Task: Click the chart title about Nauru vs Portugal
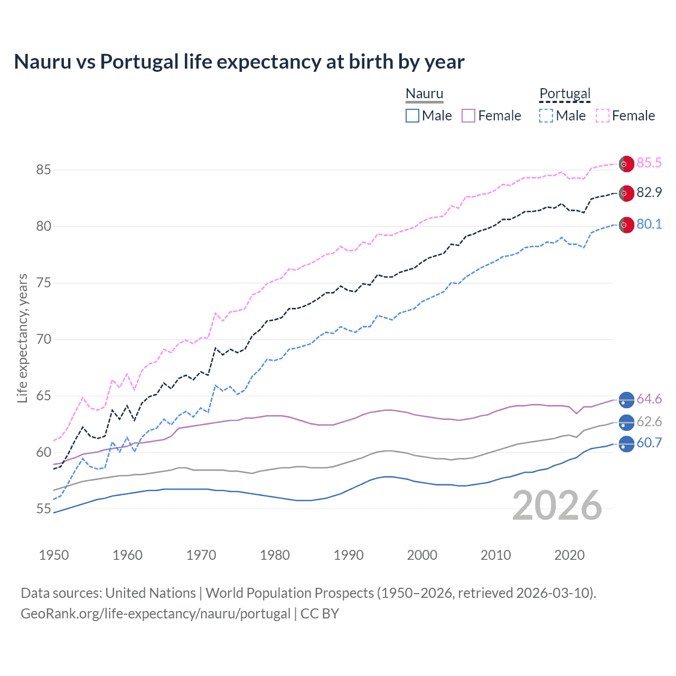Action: pyautogui.click(x=239, y=62)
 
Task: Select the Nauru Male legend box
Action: pyautogui.click(x=412, y=116)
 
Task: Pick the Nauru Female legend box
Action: pyautogui.click(x=468, y=116)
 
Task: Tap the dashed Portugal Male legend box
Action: pyautogui.click(x=546, y=116)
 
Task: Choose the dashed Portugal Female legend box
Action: pyautogui.click(x=603, y=116)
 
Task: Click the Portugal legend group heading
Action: pyautogui.click(x=565, y=94)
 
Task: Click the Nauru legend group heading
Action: pyautogui.click(x=424, y=94)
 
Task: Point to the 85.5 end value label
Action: pyautogui.click(x=649, y=163)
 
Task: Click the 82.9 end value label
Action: pyautogui.click(x=649, y=193)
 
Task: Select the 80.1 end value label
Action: pyautogui.click(x=649, y=224)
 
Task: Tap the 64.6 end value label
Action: pyautogui.click(x=649, y=399)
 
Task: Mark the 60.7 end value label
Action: pyautogui.click(x=649, y=443)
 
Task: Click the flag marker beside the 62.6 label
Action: pyautogui.click(x=626, y=422)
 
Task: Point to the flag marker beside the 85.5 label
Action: pyautogui.click(x=626, y=164)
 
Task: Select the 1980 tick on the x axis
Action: pyautogui.click(x=275, y=555)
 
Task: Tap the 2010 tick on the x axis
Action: pyautogui.click(x=495, y=555)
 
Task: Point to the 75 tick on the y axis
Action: pyautogui.click(x=44, y=283)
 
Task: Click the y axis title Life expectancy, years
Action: pyautogui.click(x=22, y=338)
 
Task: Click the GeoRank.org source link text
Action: pyautogui.click(x=156, y=614)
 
